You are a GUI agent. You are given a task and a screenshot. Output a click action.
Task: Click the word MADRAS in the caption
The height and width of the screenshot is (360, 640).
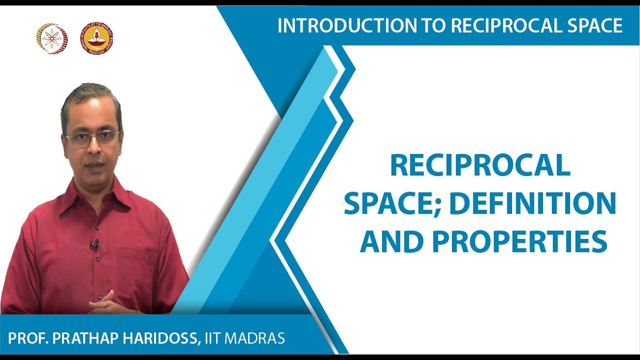pos(255,338)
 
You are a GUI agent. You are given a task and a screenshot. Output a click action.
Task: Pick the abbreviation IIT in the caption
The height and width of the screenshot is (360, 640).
pos(214,338)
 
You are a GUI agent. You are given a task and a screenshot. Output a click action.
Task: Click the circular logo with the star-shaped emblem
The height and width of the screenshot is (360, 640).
pos(51,38)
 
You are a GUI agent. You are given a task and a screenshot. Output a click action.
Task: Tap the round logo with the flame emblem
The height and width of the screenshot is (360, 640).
pos(97,38)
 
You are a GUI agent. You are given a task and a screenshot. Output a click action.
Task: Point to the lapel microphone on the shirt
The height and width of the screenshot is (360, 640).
pos(94,244)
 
